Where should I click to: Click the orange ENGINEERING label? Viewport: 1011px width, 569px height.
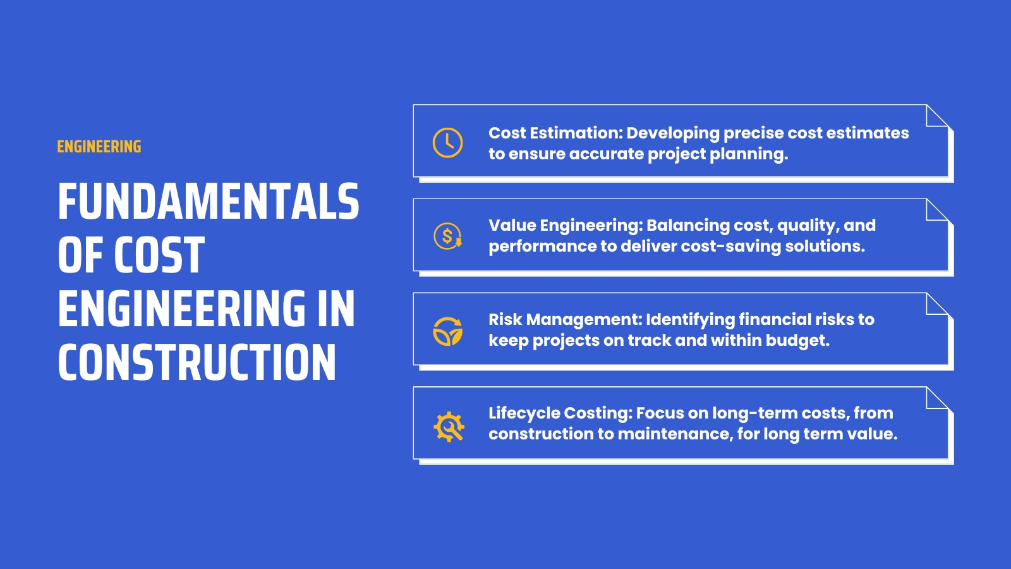click(99, 147)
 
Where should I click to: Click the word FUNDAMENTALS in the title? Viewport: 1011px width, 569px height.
click(209, 202)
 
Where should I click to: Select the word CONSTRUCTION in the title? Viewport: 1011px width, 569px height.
click(197, 363)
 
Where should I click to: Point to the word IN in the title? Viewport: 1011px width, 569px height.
click(336, 309)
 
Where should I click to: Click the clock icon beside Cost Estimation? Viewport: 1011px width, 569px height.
click(447, 142)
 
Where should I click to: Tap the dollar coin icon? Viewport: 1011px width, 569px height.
click(447, 236)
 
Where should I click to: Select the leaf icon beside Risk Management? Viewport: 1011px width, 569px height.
click(447, 331)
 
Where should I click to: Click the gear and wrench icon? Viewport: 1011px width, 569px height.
click(449, 426)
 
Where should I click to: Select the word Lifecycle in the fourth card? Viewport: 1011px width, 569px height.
click(524, 413)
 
